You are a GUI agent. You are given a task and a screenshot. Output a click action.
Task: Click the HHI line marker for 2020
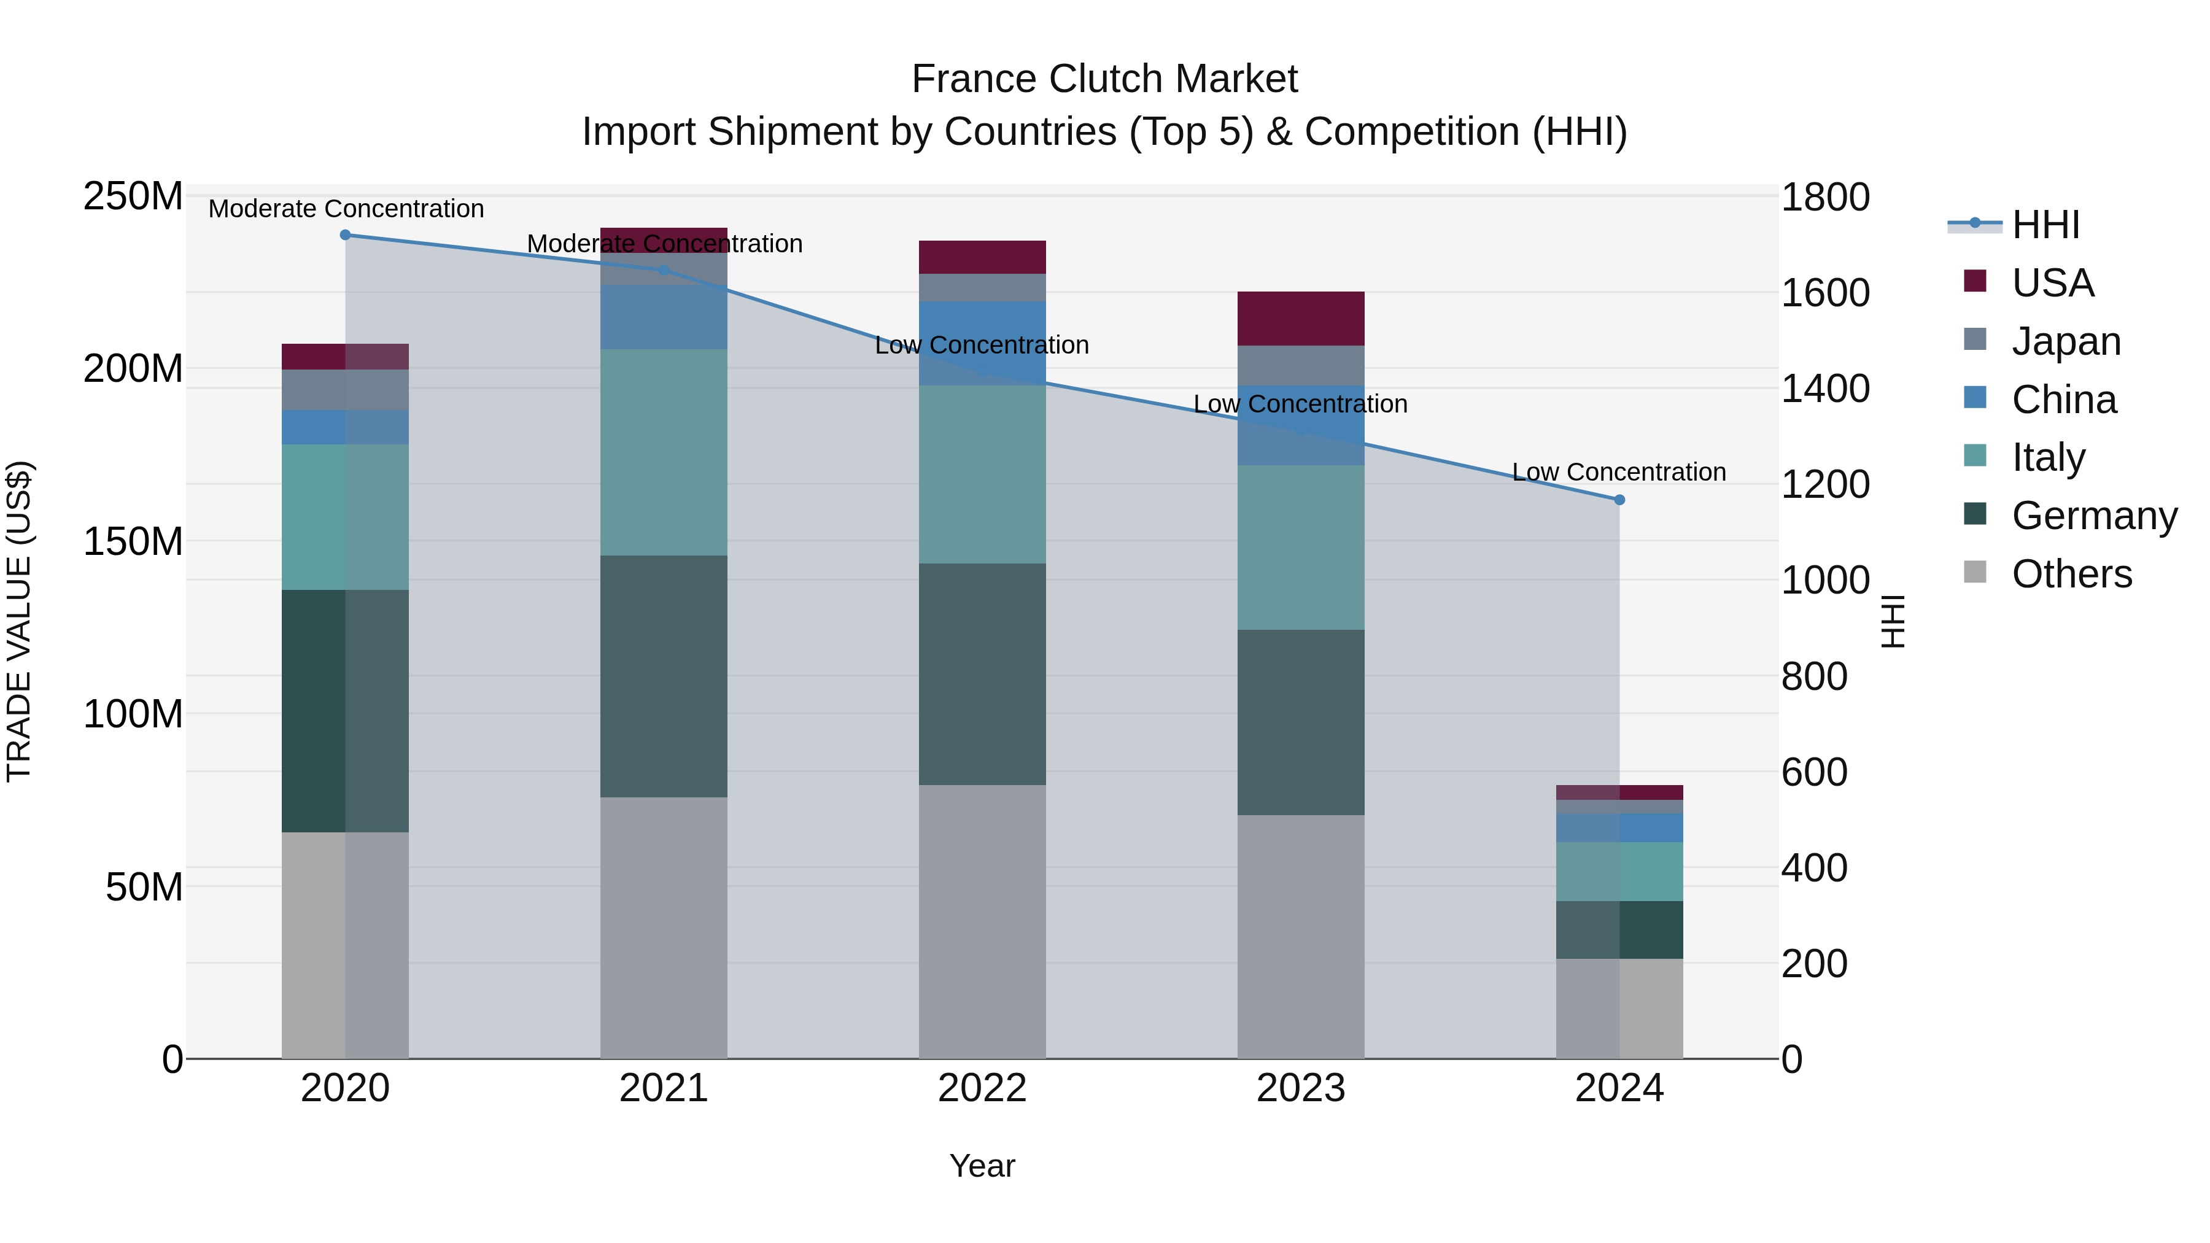(346, 235)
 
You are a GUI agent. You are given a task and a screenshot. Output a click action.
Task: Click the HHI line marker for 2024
(1619, 499)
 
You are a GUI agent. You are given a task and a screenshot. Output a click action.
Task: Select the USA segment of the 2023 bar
(1301, 318)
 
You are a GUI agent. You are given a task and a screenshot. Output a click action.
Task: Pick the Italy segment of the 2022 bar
(982, 474)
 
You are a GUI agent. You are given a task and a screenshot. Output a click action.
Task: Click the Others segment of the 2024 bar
(1619, 1008)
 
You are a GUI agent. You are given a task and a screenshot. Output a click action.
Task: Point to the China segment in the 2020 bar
(345, 427)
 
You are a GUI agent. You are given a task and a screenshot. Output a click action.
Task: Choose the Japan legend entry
(2065, 341)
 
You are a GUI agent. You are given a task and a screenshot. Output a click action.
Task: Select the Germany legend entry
(2093, 516)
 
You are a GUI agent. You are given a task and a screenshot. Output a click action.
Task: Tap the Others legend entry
(2071, 574)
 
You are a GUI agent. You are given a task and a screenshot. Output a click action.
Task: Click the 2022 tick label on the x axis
(982, 1088)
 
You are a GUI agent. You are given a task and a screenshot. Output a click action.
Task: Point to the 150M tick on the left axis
(133, 541)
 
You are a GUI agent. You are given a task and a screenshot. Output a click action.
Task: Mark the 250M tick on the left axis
(133, 196)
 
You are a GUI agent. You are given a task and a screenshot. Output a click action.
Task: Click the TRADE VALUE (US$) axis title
(19, 621)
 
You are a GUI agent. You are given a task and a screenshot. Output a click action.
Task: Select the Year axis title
(982, 1166)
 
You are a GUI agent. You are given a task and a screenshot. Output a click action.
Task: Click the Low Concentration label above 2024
(1618, 472)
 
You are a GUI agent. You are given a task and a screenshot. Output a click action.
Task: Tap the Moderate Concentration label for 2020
(346, 209)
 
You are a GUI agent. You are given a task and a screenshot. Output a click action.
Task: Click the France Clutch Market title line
(1104, 79)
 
